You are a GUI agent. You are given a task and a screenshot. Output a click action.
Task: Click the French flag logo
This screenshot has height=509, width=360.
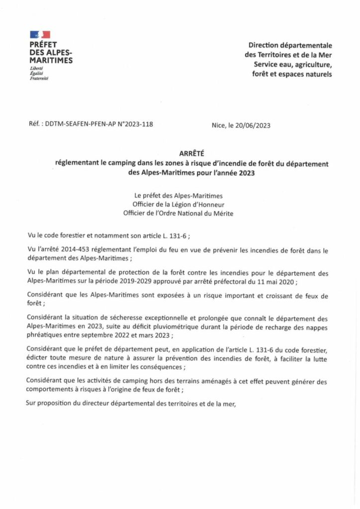point(40,34)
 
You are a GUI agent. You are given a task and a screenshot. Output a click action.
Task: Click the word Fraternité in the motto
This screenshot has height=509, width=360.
point(39,78)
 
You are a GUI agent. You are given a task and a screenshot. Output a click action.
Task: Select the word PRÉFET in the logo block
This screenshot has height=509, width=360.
point(43,44)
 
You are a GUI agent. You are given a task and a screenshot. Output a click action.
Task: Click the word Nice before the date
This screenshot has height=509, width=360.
point(219,126)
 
